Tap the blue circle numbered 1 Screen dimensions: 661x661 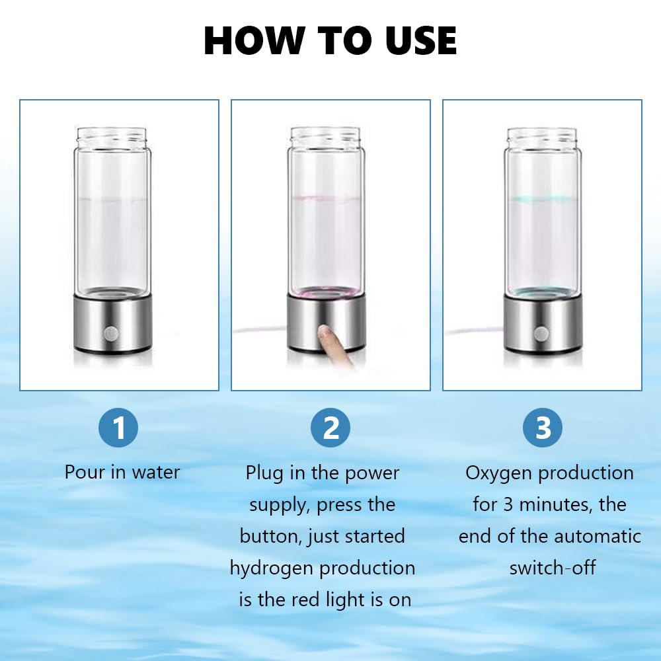tap(118, 428)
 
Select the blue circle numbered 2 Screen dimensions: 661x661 tap(330, 428)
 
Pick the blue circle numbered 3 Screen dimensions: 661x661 tap(542, 428)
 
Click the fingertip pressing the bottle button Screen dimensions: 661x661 tap(325, 334)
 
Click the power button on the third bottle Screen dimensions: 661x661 tap(540, 334)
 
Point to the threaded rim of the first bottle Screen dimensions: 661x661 tap(110, 136)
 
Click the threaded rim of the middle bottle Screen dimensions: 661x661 tap(325, 136)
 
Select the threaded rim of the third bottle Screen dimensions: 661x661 tap(540, 136)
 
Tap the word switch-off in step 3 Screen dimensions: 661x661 tap(552, 568)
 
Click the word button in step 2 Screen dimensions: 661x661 tap(270, 536)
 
